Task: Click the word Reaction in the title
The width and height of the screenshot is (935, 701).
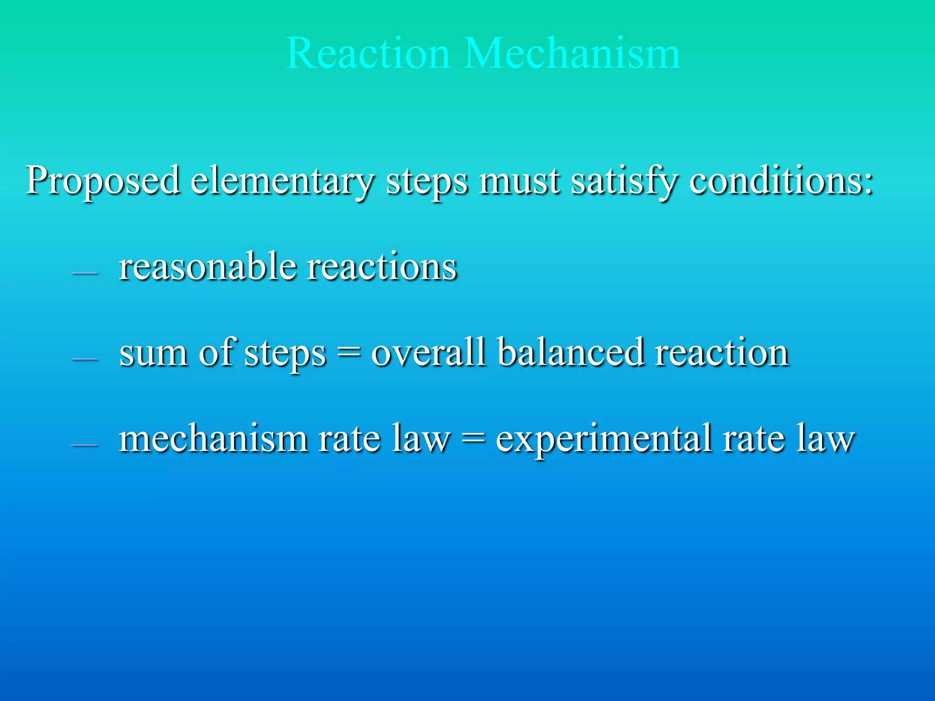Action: tap(368, 53)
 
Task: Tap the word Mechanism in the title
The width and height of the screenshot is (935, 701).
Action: tap(573, 53)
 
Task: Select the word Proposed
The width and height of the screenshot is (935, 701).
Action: tap(103, 181)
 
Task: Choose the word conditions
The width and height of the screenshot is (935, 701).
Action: tap(781, 181)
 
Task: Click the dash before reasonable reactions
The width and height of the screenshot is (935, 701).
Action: tap(85, 273)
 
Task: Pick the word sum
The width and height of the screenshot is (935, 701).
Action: tap(153, 352)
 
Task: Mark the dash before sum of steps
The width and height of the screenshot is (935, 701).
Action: tap(85, 359)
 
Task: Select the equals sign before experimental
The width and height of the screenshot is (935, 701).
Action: tap(473, 439)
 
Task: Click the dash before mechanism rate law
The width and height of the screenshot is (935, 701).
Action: tap(85, 445)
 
